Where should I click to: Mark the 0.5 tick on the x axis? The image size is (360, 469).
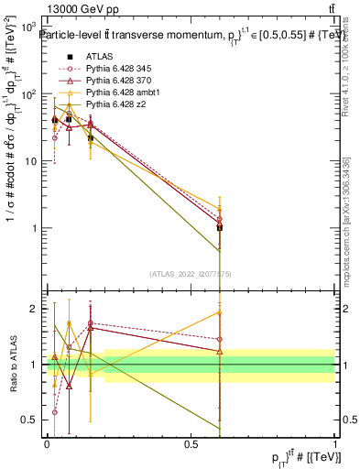(x=191, y=443)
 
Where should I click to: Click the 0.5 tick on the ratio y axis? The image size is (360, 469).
(x=32, y=420)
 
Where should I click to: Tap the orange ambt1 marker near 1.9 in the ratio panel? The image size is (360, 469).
(x=220, y=312)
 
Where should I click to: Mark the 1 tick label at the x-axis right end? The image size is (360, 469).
(x=335, y=443)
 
